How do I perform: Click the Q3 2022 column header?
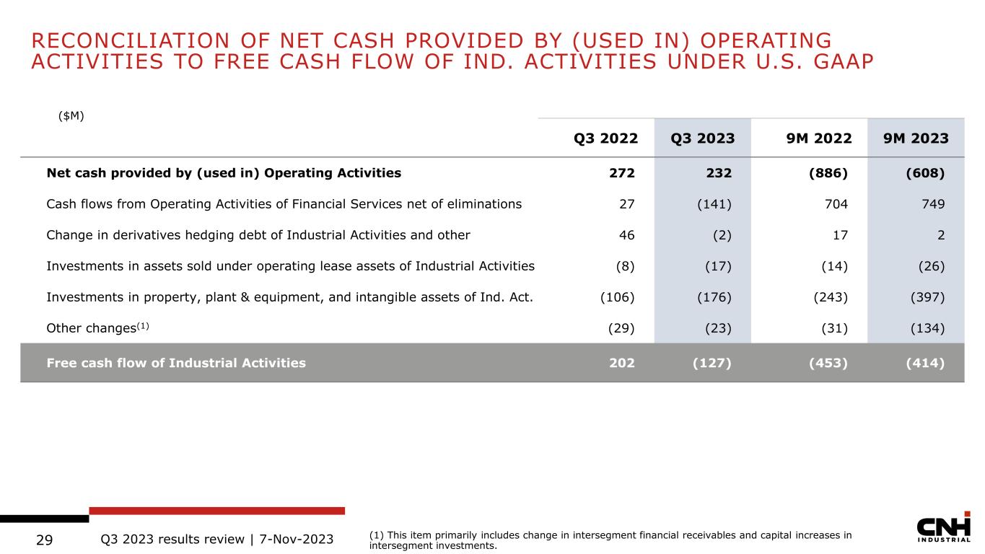tap(605, 138)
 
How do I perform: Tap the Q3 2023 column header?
tap(702, 138)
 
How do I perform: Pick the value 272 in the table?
tap(622, 173)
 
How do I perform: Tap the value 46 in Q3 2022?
tap(626, 234)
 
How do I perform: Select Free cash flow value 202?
tap(622, 363)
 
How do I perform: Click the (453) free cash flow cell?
tap(828, 363)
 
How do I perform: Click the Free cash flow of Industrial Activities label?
tap(175, 363)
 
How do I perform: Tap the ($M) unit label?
tap(71, 115)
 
